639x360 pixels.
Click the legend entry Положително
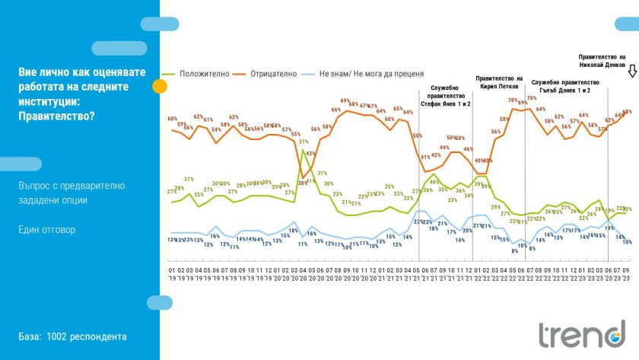tap(199, 75)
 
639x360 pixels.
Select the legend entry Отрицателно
tap(267, 75)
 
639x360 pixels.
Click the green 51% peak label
tap(303, 142)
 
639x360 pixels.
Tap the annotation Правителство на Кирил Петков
tap(498, 82)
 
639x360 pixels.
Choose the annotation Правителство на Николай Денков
tap(602, 60)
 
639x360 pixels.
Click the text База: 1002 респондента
tap(73, 336)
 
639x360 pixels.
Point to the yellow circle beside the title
tap(160, 85)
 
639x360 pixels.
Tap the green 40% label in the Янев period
tap(433, 182)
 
